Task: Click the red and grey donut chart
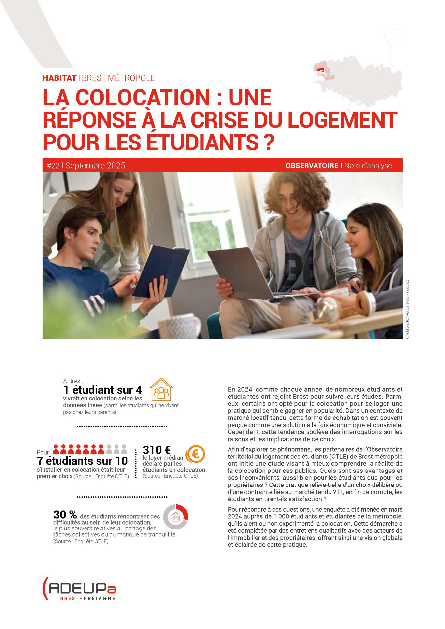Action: click(x=175, y=517)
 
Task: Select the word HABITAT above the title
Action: click(x=59, y=78)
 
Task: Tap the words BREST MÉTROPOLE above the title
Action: click(x=118, y=78)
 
